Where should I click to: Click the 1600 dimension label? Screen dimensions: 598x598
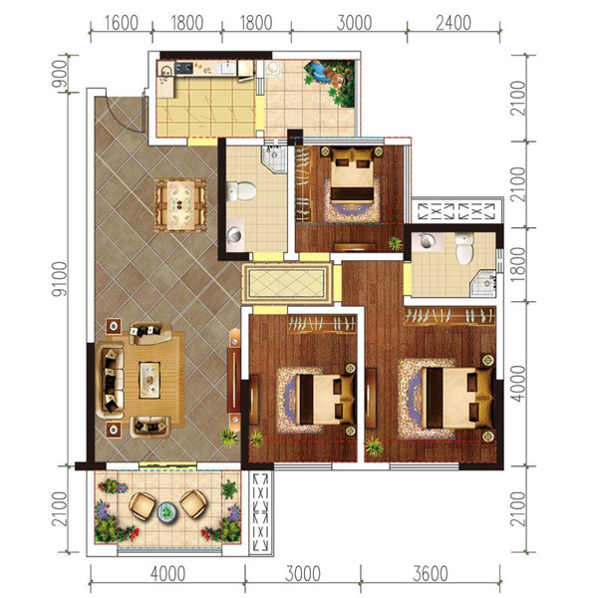122,23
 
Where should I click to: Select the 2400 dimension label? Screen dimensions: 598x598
453,23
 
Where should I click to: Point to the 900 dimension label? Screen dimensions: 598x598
60,74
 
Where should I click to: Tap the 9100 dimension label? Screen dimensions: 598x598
60,279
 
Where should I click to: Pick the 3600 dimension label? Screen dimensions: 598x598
431,574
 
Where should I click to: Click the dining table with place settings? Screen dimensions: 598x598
180,205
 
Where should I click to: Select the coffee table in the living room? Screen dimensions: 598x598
149,381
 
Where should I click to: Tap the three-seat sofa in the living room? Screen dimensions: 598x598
110,381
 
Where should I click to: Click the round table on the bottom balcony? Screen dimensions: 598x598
167,511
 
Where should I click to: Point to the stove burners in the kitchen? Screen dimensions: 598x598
183,69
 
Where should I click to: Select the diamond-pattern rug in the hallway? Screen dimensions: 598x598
287,284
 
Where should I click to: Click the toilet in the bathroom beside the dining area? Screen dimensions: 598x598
241,191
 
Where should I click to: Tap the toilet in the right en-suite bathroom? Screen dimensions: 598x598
464,248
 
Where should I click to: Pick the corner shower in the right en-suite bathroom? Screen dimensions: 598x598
483,283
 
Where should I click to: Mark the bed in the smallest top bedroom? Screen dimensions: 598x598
352,176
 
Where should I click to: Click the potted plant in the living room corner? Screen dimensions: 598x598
229,438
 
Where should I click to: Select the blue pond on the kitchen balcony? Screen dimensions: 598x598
318,75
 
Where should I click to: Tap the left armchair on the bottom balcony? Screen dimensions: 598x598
142,505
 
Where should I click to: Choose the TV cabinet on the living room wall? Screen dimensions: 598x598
234,380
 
